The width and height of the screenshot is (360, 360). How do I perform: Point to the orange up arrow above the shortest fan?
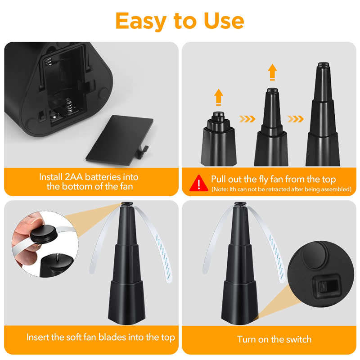point(219,96)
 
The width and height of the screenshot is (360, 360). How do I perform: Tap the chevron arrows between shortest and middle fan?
point(247,119)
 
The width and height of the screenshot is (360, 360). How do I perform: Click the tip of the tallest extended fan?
point(322,66)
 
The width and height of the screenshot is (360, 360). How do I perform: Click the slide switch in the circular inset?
point(323,286)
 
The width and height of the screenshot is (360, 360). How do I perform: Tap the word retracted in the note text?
point(276,189)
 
